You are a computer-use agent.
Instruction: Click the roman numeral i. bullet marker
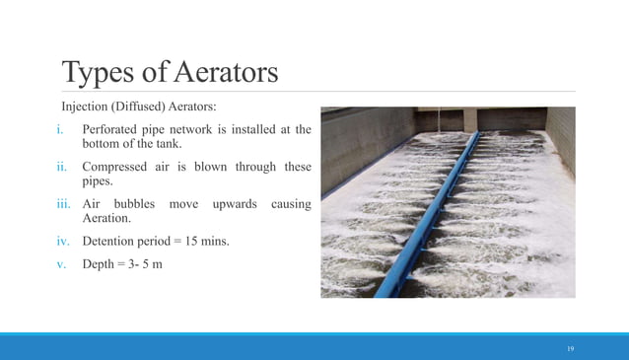(x=60, y=129)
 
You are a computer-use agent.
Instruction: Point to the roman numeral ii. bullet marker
(x=60, y=167)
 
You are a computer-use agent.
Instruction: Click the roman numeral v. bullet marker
(x=60, y=262)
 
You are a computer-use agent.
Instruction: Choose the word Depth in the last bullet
(x=100, y=262)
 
